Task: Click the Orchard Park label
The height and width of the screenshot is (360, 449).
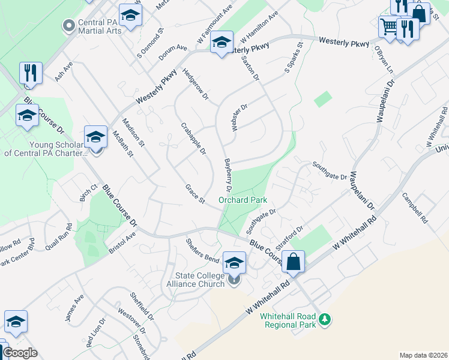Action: tap(243, 200)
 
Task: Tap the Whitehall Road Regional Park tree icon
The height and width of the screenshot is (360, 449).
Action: tap(325, 318)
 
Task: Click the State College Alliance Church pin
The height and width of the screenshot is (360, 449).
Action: tap(234, 279)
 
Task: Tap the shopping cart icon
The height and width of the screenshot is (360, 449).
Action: tap(388, 27)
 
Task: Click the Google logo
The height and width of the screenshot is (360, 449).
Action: tap(20, 353)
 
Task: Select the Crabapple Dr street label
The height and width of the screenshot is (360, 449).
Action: tap(193, 137)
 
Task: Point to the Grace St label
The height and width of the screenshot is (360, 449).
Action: tap(196, 193)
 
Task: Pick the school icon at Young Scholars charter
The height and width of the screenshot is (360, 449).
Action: tap(95, 137)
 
